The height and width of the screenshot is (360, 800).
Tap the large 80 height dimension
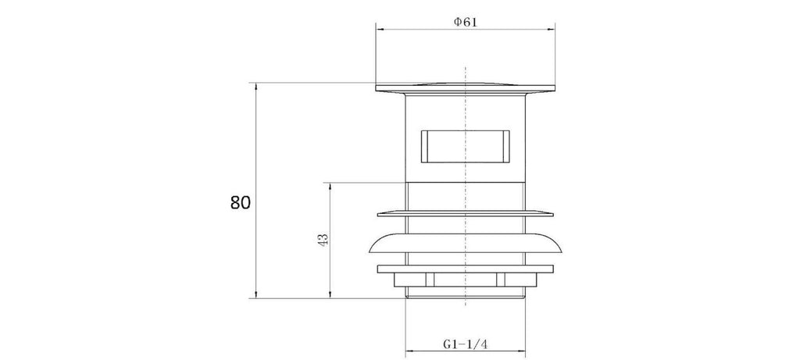click(x=241, y=203)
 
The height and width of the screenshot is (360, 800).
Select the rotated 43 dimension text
click(x=323, y=240)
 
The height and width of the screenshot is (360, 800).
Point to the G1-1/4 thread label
click(x=466, y=344)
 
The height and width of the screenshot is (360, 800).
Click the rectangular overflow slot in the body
click(x=466, y=146)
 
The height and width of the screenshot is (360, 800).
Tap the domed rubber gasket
click(x=466, y=244)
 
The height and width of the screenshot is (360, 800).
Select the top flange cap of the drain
click(x=466, y=87)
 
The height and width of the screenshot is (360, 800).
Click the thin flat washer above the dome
click(x=466, y=213)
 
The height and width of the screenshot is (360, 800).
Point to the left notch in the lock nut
click(x=430, y=280)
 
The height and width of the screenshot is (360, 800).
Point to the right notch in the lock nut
click(x=501, y=280)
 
